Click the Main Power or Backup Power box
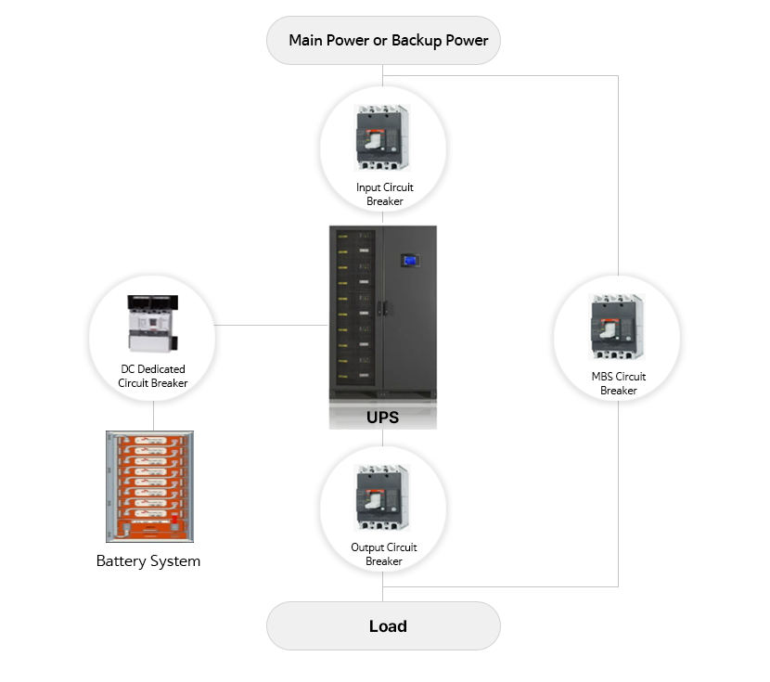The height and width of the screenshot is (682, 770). point(383,41)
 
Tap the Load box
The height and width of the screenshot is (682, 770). point(383,626)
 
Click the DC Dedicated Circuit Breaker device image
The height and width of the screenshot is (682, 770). point(151,324)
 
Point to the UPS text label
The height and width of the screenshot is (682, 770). point(382,418)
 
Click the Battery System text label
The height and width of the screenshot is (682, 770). point(148,561)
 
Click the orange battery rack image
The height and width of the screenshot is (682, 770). point(149,486)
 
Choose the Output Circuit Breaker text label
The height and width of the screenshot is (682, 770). point(384,554)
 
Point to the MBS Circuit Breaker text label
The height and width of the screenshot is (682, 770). point(619,383)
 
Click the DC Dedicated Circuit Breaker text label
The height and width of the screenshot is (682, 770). point(153,376)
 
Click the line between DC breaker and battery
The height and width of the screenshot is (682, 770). point(152,416)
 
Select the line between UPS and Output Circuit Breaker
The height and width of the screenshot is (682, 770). point(383,439)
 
